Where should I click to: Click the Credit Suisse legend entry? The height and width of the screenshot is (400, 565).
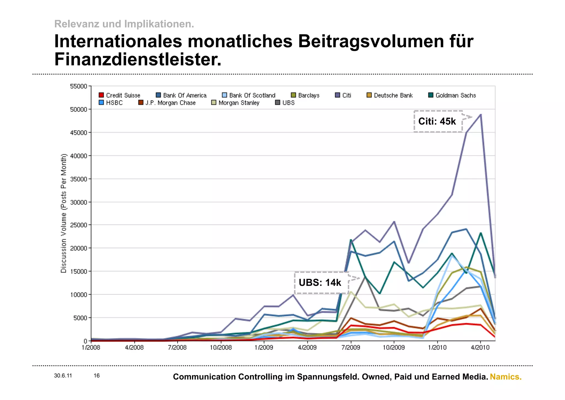(x=119, y=95)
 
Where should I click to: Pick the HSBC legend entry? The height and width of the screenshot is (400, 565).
(x=111, y=103)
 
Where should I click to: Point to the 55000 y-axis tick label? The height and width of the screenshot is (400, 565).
(x=78, y=87)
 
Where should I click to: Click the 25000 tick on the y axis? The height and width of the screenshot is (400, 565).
(x=78, y=225)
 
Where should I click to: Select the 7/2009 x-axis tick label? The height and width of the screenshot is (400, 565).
(x=351, y=347)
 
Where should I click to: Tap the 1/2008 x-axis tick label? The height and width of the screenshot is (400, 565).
(x=91, y=347)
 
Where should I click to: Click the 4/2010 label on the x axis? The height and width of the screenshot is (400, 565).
(x=480, y=347)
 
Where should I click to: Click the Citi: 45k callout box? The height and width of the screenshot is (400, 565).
(x=438, y=121)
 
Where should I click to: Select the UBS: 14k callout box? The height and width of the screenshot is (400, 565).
(x=321, y=283)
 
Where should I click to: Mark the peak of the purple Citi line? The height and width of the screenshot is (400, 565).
(x=481, y=114)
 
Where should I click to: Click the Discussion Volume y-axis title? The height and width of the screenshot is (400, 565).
(x=64, y=213)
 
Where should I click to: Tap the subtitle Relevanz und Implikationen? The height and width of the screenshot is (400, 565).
(x=124, y=24)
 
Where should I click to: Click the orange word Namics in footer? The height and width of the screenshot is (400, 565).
(x=505, y=377)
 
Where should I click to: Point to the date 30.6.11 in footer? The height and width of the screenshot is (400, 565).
(x=63, y=376)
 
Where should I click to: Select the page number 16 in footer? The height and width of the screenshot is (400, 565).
(x=97, y=376)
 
